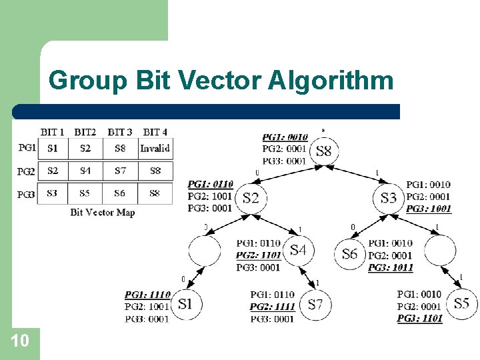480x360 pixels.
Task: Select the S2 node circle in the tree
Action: click(251, 197)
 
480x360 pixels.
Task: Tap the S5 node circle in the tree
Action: click(461, 304)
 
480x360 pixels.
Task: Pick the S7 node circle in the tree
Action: click(315, 305)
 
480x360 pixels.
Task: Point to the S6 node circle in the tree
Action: click(350, 253)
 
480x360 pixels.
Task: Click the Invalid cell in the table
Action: click(155, 148)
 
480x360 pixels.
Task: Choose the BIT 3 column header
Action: click(120, 132)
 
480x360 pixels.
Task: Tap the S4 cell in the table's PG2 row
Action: click(85, 171)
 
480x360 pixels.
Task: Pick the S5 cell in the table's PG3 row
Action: click(85, 193)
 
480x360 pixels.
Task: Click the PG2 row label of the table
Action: click(27, 171)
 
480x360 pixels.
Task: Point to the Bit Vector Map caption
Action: click(102, 212)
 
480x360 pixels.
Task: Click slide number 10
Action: click(20, 341)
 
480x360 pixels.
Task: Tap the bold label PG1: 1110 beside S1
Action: click(147, 294)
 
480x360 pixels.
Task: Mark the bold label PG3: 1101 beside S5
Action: click(420, 319)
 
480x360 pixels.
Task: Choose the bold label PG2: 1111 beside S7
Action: click(273, 307)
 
